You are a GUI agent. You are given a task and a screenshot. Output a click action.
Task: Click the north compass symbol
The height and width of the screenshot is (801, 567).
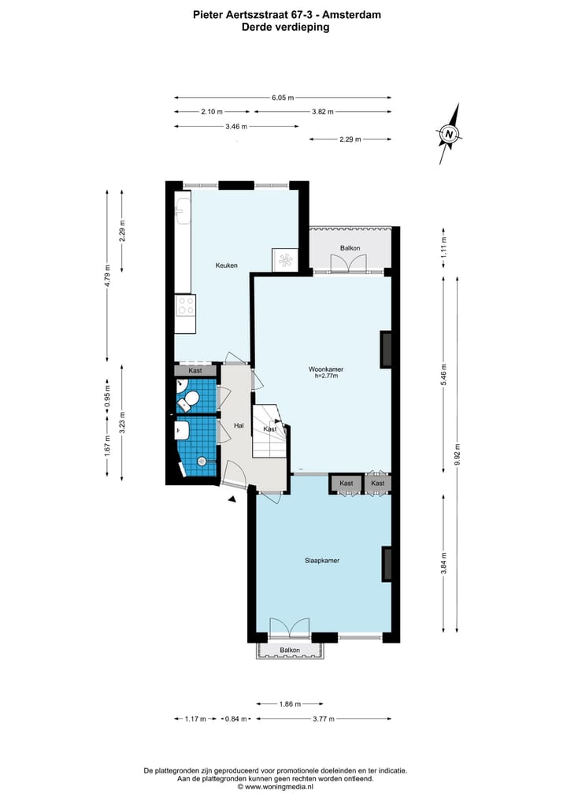coord(449,134)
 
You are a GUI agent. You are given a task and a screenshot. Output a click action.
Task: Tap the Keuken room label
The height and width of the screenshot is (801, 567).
coord(227,265)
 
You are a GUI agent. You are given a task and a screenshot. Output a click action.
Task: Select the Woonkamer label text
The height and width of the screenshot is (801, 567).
coord(325,369)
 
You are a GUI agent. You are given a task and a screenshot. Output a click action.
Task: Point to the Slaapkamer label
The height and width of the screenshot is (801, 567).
coord(322,561)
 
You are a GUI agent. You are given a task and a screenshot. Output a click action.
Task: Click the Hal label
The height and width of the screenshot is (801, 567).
coord(239,425)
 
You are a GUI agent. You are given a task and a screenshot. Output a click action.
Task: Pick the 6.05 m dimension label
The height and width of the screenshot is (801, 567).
coord(283,98)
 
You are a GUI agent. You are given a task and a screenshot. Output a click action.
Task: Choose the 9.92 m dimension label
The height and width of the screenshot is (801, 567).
coord(458,455)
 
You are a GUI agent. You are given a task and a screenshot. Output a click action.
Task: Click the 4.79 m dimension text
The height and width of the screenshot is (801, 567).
coord(108,277)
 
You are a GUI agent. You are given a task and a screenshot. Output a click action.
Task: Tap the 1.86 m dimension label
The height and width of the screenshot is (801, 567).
coord(290,703)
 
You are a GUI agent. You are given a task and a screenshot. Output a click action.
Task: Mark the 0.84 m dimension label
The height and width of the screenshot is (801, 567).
coord(235,719)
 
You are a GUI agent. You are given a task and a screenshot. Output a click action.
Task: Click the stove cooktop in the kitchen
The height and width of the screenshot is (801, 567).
coord(186,304)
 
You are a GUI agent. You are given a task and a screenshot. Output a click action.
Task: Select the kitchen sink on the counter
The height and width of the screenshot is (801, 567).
coord(180,208)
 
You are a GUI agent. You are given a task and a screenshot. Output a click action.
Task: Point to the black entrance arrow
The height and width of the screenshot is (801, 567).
coord(232,498)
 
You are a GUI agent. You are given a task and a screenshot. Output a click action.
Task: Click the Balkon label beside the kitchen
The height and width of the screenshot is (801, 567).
coord(350,248)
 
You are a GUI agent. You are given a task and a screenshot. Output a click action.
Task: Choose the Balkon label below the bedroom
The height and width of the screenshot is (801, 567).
coord(290,651)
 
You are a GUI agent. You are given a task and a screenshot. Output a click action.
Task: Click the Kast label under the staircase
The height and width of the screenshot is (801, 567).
coord(270,429)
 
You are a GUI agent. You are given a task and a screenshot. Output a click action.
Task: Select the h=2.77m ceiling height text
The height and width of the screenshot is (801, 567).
coord(325,376)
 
